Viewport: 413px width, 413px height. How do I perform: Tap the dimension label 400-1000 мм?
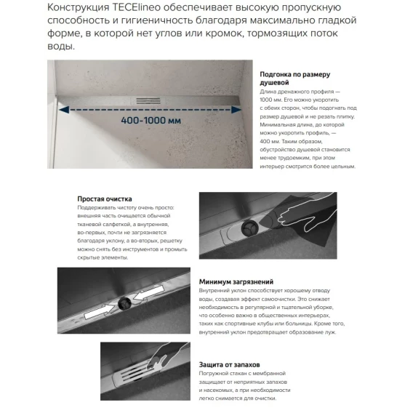[x=151, y=121]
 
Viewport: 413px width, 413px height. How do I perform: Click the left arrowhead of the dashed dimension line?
[x=64, y=110]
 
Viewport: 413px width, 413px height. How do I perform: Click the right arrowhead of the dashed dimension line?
[x=236, y=110]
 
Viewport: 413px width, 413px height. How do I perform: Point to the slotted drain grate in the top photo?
[x=148, y=100]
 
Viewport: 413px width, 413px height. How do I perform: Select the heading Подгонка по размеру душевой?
[x=294, y=79]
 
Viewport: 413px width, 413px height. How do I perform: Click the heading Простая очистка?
[x=105, y=199]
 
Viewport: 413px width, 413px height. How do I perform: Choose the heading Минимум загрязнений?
[x=236, y=282]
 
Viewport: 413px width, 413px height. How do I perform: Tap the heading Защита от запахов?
[x=229, y=365]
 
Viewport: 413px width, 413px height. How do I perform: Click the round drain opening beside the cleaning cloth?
[x=249, y=228]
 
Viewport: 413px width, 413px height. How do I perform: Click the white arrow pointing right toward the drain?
[x=100, y=311]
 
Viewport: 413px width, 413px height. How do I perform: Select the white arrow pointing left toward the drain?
[x=148, y=293]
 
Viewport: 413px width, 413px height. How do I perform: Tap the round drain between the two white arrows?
[x=124, y=303]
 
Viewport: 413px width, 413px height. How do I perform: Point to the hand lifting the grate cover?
[x=167, y=356]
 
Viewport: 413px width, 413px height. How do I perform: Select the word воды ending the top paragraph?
[x=61, y=47]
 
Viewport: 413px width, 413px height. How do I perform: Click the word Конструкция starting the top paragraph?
[x=78, y=8]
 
